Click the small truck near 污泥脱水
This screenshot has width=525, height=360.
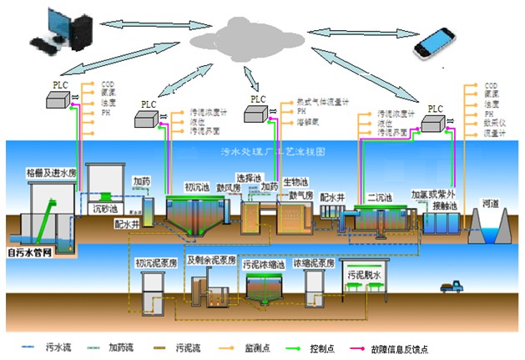452,288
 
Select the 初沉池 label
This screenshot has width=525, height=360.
198,187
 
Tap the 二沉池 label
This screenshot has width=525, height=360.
381,198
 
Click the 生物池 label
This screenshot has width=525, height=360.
296,181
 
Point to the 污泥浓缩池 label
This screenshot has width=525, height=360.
265,265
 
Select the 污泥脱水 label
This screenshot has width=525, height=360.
365,275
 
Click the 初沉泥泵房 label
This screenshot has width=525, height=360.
157,261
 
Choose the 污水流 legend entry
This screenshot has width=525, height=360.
53,344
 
